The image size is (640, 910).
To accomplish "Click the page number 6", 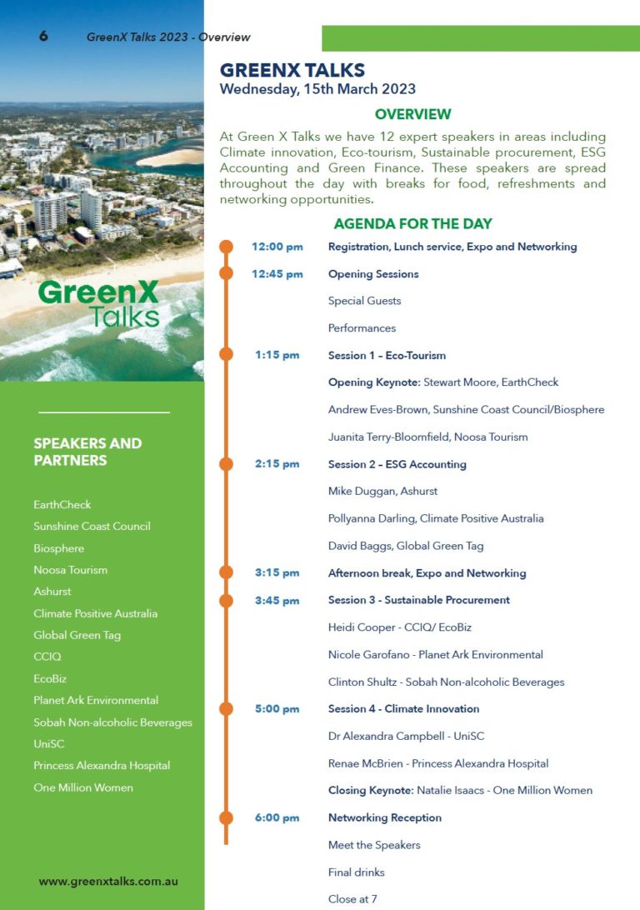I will [43, 36].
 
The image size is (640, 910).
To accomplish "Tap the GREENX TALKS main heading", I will [292, 71].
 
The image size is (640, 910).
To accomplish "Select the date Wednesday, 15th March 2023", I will [317, 89].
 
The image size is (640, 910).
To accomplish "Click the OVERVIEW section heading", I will [412, 114].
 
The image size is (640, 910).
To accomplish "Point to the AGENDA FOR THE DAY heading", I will [412, 223].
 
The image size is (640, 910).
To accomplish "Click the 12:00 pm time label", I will [277, 247].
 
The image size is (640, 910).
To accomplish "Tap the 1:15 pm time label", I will [277, 355].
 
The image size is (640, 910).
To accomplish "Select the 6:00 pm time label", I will [277, 817].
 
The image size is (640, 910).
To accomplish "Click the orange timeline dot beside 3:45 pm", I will [226, 600].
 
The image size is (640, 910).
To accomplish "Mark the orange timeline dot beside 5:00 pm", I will [226, 709].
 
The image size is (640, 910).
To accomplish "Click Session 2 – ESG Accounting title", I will [397, 464].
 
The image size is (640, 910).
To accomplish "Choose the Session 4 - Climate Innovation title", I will [403, 709].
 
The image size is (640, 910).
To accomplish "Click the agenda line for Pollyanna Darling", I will [436, 518].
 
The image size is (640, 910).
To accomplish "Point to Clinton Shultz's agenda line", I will [446, 682].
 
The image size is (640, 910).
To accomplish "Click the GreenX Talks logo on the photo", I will [98, 303].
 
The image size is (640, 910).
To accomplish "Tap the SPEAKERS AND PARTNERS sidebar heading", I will [87, 452].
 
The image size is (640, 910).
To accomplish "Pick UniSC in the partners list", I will [49, 743].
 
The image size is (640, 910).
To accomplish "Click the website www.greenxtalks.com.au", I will [108, 881].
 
